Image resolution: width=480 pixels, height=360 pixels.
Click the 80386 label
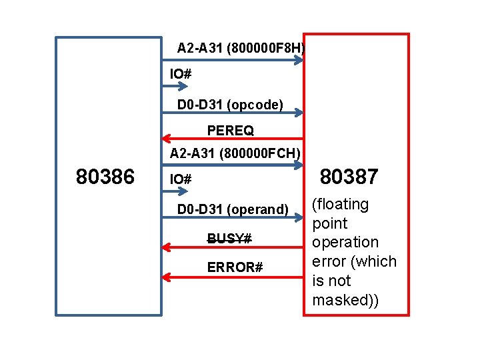(x=105, y=177)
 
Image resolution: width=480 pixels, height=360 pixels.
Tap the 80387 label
(x=349, y=177)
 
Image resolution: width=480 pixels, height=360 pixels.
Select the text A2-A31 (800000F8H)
(x=241, y=48)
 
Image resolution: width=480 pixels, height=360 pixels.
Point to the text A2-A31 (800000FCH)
(x=235, y=154)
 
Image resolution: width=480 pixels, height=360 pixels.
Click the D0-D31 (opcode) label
(x=230, y=104)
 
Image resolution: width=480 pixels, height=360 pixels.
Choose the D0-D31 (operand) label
(x=233, y=209)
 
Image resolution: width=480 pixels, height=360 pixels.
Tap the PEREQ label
(x=230, y=129)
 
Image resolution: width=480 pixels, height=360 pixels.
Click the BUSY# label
(x=229, y=238)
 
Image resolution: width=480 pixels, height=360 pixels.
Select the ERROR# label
(x=235, y=267)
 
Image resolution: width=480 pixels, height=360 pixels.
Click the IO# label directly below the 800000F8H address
(x=181, y=73)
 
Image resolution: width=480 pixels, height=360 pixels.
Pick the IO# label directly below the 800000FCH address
(x=181, y=179)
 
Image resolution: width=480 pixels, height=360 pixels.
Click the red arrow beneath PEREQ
(x=233, y=140)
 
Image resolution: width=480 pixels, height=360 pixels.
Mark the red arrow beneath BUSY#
(x=233, y=247)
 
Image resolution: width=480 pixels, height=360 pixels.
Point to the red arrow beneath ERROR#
(x=233, y=276)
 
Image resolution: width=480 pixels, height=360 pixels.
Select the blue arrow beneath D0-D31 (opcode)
(x=233, y=113)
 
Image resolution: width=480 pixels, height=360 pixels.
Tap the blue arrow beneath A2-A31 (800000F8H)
(x=233, y=60)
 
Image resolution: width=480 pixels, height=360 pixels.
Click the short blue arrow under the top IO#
(x=175, y=85)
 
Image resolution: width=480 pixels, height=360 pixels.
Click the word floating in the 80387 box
(x=341, y=204)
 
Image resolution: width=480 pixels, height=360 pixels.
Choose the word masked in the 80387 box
(x=342, y=300)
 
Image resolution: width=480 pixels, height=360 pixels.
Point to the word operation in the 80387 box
(x=345, y=242)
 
